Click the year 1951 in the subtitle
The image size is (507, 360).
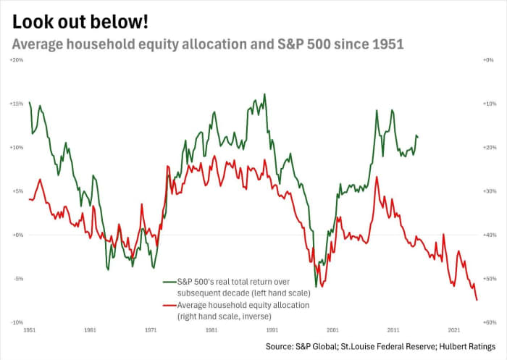pyautogui.click(x=387, y=43)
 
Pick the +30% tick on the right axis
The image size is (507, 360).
pyautogui.click(x=489, y=191)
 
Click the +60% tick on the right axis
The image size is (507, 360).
pyautogui.click(x=489, y=322)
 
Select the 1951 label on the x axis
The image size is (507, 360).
pyautogui.click(x=30, y=330)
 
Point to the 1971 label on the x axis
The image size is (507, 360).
pyautogui.click(x=151, y=330)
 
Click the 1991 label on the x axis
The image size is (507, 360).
pyautogui.click(x=272, y=330)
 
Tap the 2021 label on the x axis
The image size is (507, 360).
pyautogui.click(x=454, y=330)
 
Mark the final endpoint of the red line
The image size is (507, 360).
pyautogui.click(x=477, y=300)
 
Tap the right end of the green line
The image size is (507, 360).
pyautogui.click(x=417, y=136)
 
